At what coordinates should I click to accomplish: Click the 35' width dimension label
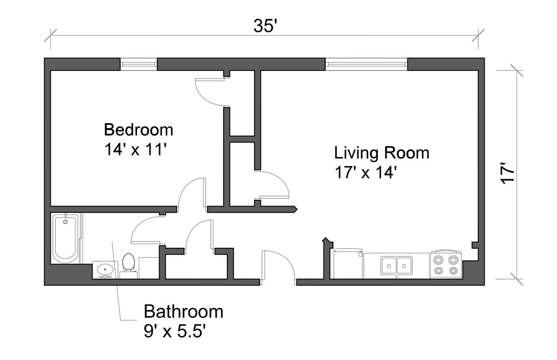(x=264, y=26)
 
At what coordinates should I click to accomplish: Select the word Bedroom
(x=138, y=130)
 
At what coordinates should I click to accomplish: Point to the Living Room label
(x=381, y=153)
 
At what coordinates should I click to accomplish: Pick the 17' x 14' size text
(x=365, y=172)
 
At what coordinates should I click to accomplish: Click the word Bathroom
(x=183, y=311)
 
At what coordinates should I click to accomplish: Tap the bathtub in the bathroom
(x=65, y=238)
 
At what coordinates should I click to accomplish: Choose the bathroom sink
(x=105, y=270)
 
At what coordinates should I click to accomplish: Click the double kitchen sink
(x=397, y=265)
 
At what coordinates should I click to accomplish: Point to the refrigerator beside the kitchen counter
(x=348, y=264)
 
